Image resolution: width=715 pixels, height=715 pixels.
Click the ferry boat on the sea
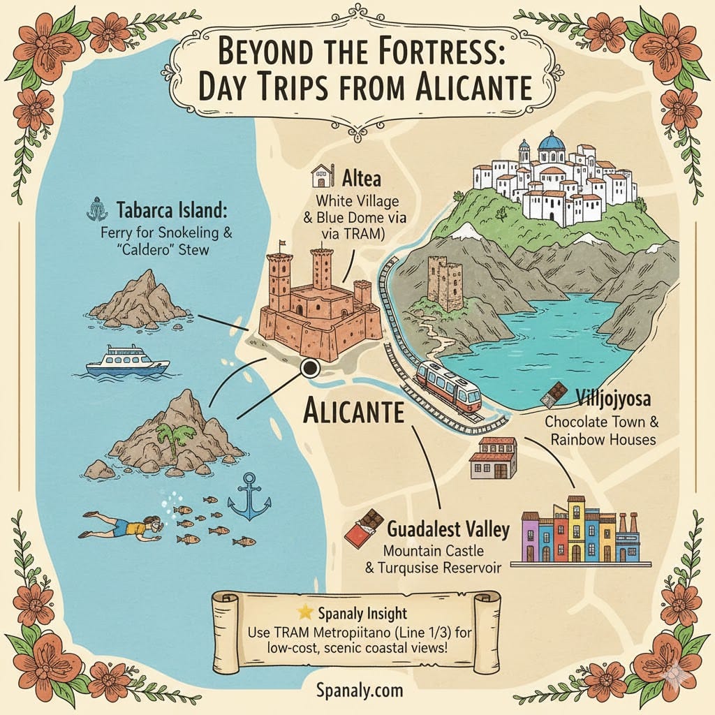(x=127, y=361)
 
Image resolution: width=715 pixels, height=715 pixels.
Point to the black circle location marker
(x=309, y=368)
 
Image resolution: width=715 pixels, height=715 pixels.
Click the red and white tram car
(x=448, y=386)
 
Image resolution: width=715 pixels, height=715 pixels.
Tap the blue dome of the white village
(x=552, y=143)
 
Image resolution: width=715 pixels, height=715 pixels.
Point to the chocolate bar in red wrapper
(x=364, y=529)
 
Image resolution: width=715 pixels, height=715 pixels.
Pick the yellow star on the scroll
(x=305, y=612)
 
